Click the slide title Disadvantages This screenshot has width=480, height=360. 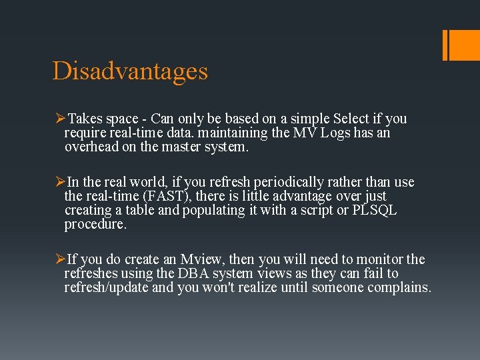(130, 71)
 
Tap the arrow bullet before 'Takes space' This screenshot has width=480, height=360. (59, 119)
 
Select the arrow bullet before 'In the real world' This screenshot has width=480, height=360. (59, 182)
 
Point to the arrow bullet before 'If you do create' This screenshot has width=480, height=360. (59, 259)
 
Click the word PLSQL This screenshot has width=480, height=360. (375, 210)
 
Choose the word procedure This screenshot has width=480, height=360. (95, 224)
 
